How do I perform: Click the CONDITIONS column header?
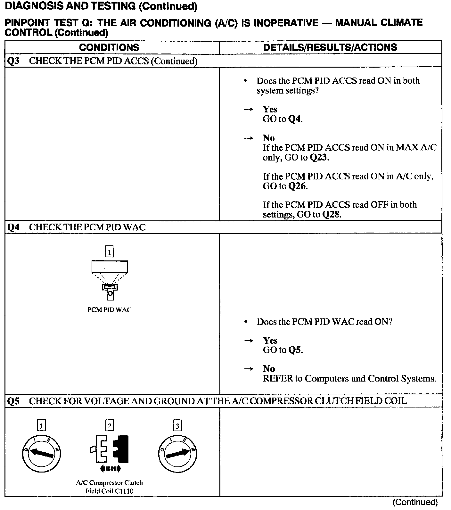coord(109,47)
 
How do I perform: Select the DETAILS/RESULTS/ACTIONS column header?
coord(330,47)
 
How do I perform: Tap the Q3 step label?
coord(13,61)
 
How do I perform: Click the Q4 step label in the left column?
coord(13,227)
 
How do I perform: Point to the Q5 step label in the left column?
coord(13,401)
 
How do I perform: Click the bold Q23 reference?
coord(319,157)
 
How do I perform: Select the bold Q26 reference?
coord(297,186)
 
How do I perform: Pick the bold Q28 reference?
coord(331,214)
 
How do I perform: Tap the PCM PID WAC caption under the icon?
coord(109,310)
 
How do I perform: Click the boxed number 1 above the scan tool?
coord(109,252)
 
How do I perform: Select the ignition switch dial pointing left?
coord(42,453)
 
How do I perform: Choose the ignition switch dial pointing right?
coord(177,453)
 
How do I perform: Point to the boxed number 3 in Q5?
coord(177,426)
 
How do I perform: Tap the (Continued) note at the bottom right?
coord(415,502)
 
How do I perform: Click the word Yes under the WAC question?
coord(270,340)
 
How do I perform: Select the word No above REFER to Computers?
coord(269,369)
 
